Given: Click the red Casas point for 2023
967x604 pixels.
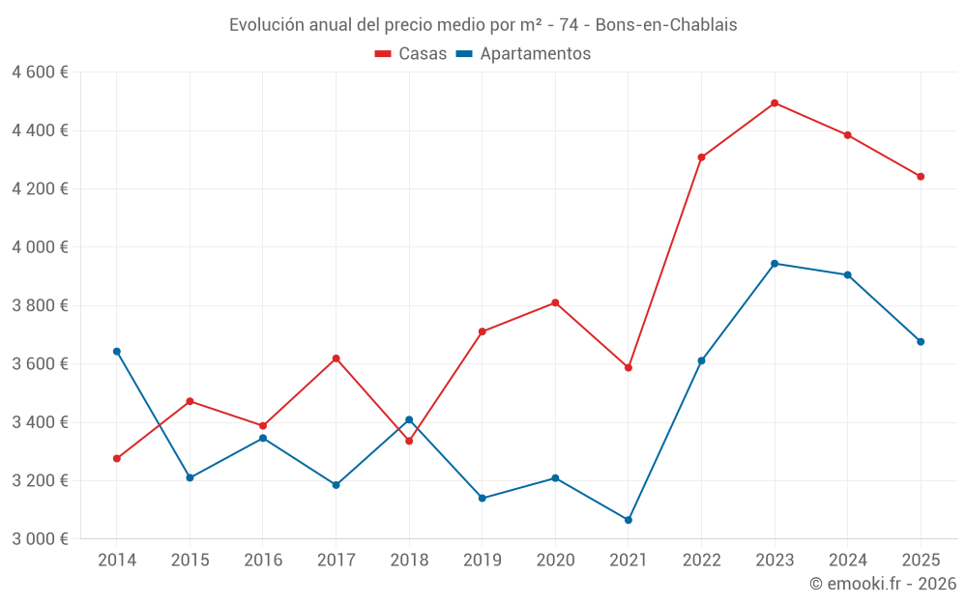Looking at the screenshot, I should click(x=775, y=103).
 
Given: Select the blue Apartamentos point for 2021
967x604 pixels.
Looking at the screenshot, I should click(x=629, y=520).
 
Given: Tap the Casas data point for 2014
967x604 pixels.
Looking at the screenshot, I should click(x=117, y=458).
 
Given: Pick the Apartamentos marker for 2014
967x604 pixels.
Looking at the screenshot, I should click(x=117, y=352).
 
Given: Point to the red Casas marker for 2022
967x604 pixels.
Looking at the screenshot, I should click(x=701, y=158).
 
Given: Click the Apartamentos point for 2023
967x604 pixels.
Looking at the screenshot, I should click(x=775, y=264).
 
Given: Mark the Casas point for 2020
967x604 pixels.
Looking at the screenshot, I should click(x=555, y=302).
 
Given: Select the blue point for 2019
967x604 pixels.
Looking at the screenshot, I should click(x=483, y=498).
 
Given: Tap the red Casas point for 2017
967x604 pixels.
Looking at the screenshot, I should click(x=337, y=359).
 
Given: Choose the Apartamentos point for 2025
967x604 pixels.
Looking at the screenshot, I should click(x=921, y=341).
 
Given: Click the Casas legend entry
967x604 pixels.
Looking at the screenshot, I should click(x=411, y=54).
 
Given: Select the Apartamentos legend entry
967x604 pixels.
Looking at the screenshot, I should click(x=523, y=54).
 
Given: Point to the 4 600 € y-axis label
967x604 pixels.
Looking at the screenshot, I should click(x=40, y=72).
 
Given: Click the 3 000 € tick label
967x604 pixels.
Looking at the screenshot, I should click(x=40, y=539).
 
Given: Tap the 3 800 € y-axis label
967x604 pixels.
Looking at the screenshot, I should click(x=40, y=305).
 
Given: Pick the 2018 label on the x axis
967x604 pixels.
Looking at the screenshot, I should click(x=409, y=561).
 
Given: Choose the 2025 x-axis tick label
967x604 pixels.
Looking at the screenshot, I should click(x=921, y=561).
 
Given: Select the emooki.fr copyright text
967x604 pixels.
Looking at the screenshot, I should click(x=882, y=584).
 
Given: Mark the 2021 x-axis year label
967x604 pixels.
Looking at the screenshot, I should click(x=629, y=561).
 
